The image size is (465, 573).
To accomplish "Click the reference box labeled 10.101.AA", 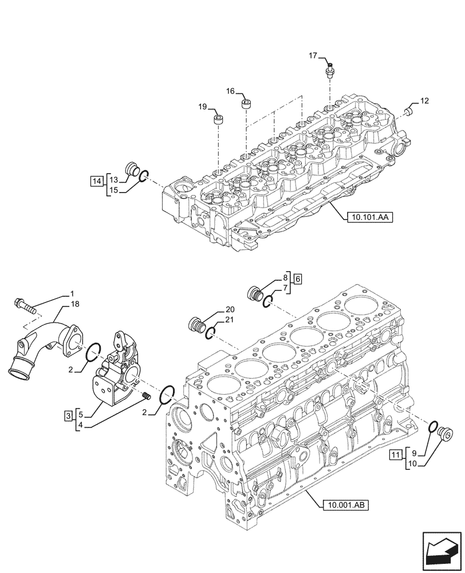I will (368, 217).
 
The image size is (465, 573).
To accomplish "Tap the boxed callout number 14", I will (96, 182).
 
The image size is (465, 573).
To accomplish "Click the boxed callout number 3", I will (68, 415).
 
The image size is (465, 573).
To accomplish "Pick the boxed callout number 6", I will (297, 279).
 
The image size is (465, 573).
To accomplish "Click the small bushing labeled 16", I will (246, 104).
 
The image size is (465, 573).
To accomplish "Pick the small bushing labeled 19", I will (218, 120).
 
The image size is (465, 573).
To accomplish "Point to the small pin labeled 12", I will (409, 109).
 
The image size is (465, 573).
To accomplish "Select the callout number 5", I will (81, 414).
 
